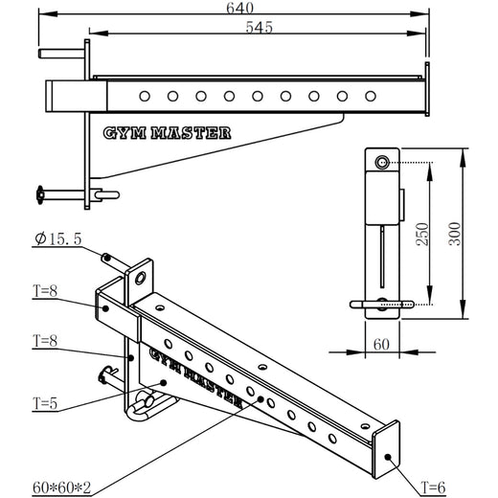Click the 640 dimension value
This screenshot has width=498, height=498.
click(240, 10)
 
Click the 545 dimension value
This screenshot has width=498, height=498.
click(259, 28)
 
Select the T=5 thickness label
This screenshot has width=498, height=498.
click(44, 403)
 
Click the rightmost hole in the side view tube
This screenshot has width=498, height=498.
click(370, 96)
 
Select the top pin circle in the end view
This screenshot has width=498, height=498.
click(383, 163)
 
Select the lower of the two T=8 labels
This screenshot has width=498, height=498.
click(44, 339)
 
